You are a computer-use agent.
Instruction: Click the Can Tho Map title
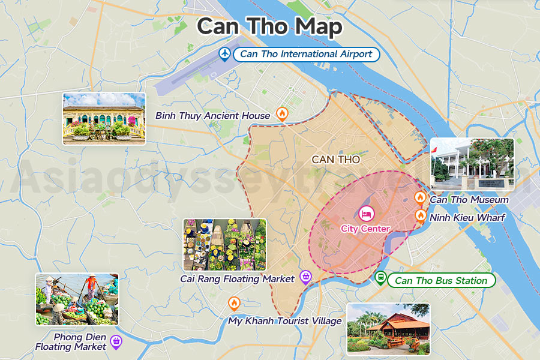tap(270, 26)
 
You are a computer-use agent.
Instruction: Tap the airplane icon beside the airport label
tap(225, 54)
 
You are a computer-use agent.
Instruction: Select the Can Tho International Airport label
tap(306, 54)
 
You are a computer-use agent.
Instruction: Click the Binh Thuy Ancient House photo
tap(104, 118)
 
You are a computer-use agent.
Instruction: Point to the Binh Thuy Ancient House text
tap(213, 115)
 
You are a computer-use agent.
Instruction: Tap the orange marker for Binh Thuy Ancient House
tap(282, 113)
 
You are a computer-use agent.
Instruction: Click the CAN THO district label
tap(336, 160)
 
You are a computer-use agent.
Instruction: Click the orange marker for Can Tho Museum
tap(421, 197)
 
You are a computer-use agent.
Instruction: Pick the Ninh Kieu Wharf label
tap(467, 217)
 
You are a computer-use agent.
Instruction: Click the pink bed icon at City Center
tap(365, 213)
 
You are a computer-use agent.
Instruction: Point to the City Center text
tap(365, 229)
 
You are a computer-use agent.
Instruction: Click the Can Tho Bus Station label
tap(441, 280)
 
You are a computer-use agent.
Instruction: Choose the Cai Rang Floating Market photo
tap(224, 244)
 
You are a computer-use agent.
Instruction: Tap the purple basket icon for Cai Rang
tap(306, 277)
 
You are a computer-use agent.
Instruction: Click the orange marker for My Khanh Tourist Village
tap(234, 303)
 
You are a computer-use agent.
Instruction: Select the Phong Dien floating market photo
tap(77, 299)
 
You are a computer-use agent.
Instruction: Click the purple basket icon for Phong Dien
tap(116, 343)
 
